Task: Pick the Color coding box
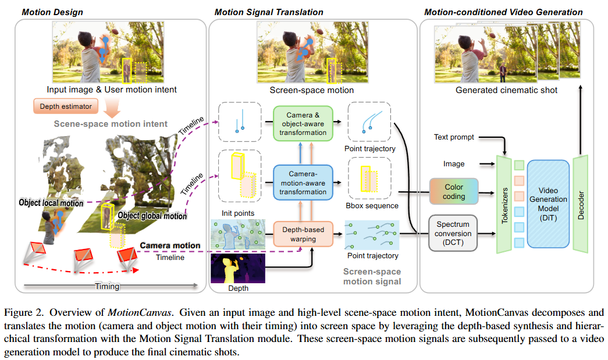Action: coord(454,192)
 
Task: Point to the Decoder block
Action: coord(582,199)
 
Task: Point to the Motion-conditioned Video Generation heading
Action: coord(503,12)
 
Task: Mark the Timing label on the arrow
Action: coord(107,286)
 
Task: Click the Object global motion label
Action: coord(152,216)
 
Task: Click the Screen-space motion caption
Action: coord(311,90)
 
